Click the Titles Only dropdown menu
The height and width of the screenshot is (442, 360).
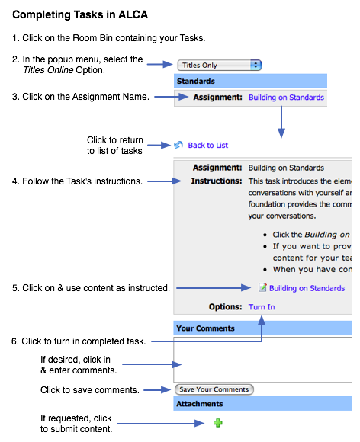219,65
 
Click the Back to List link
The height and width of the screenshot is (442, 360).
208,145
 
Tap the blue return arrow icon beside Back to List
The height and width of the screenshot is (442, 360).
178,145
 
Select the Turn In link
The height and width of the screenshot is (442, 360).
262,306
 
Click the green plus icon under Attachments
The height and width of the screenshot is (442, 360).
218,423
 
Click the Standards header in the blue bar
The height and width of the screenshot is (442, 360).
196,82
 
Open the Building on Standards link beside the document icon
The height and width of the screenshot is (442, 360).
307,288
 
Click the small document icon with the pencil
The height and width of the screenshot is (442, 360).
262,287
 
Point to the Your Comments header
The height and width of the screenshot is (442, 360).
205,328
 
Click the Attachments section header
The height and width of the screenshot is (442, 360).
200,404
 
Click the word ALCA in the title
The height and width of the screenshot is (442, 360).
133,14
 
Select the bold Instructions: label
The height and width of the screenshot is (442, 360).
217,181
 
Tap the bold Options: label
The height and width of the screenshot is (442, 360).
226,306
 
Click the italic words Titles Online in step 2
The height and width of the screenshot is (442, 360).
48,70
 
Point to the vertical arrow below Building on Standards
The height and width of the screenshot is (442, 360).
281,122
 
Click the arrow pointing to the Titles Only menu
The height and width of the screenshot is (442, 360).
159,64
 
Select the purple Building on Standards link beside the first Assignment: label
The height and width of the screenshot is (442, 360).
286,98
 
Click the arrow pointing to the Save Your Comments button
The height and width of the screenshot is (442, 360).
157,390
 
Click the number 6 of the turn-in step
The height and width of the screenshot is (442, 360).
14,341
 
